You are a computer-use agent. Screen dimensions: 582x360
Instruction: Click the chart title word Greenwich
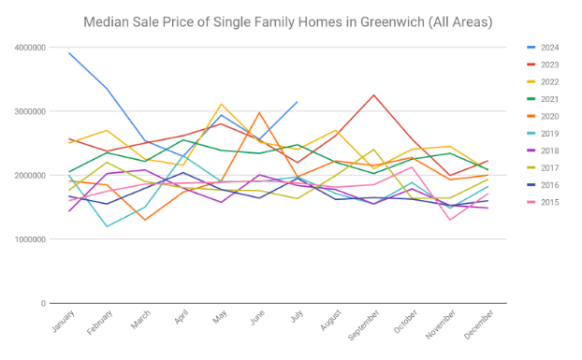tap(392, 22)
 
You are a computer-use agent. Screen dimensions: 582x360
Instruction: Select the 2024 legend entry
tap(543, 48)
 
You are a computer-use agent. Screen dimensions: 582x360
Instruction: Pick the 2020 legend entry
tap(543, 117)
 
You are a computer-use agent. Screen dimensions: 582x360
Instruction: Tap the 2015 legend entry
tap(543, 202)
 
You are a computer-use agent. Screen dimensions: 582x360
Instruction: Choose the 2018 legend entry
tap(543, 151)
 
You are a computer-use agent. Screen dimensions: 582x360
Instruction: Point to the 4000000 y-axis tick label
tap(30, 48)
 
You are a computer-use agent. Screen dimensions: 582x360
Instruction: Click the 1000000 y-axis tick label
tap(30, 239)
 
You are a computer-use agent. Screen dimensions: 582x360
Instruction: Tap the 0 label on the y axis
tap(43, 303)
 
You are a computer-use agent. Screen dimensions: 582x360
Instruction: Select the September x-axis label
tap(364, 325)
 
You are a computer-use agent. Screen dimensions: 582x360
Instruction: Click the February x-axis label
tap(99, 323)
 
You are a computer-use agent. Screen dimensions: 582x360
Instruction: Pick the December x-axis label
tap(479, 324)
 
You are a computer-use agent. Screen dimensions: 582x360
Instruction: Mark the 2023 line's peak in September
tap(373, 95)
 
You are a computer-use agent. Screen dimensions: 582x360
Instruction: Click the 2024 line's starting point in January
tap(69, 53)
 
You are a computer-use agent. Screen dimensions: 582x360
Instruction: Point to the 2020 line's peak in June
tap(259, 113)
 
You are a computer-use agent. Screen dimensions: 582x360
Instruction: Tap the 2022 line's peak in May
tap(221, 104)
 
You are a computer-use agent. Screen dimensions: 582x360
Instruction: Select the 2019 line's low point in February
tap(107, 226)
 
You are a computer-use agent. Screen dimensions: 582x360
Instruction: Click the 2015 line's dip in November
tap(450, 220)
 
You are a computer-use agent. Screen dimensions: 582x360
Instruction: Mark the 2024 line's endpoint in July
tap(298, 102)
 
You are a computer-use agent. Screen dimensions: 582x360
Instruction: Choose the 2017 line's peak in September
tap(373, 150)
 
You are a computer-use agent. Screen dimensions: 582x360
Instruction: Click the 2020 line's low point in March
tap(145, 220)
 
